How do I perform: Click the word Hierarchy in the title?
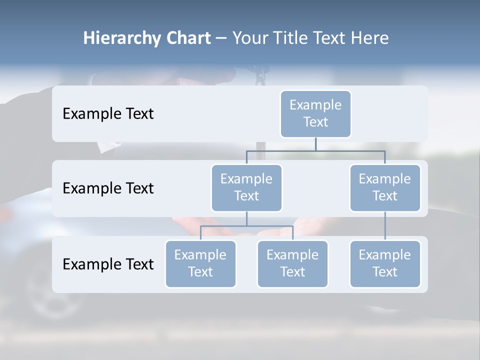pos(121,38)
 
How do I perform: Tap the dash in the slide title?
pos(221,38)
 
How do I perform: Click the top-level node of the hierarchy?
pos(315,113)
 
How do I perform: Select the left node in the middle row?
pos(246,187)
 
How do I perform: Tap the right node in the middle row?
pos(385,187)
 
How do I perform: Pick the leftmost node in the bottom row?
pos(200,263)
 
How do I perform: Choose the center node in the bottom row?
pos(292,263)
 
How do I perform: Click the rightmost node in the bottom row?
pos(385,263)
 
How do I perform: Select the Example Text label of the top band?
pos(108,113)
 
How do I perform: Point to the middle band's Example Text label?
pos(108,188)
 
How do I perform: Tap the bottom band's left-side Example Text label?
pos(108,264)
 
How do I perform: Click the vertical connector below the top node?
pos(315,144)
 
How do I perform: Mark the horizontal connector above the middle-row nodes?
pos(350,150)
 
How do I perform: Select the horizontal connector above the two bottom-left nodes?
pos(270,226)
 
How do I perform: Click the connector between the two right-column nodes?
pos(385,226)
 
